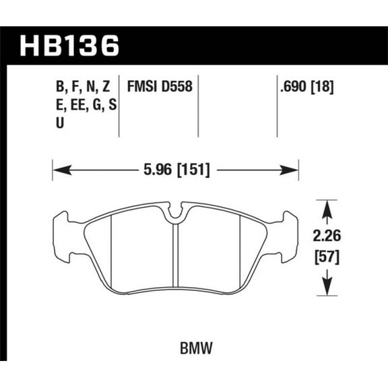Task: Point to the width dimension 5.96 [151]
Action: coord(175,170)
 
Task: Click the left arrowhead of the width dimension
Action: coord(57,170)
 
